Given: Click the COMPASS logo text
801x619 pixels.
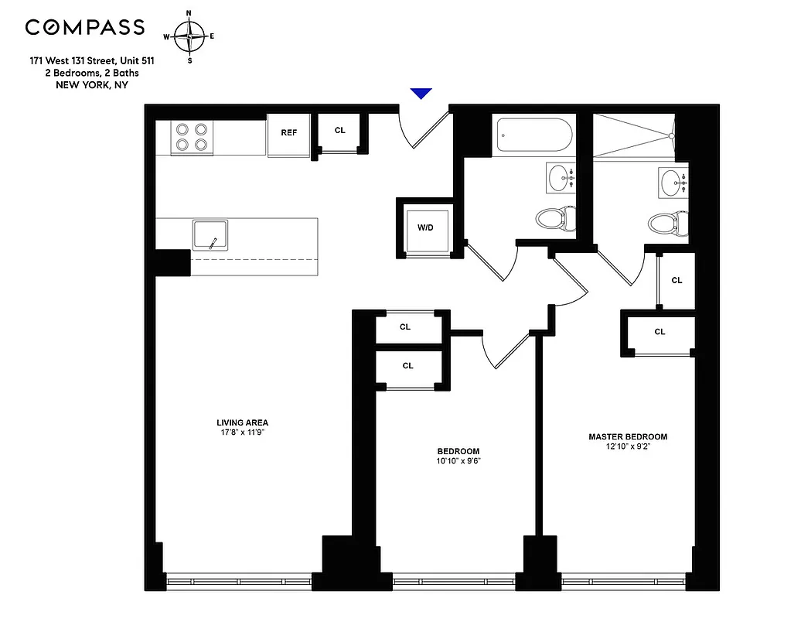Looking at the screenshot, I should (x=85, y=28).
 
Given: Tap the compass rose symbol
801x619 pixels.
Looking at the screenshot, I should (x=189, y=36).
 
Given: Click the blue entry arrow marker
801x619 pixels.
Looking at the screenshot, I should (x=421, y=94).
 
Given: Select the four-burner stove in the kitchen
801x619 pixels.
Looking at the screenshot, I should (x=192, y=137).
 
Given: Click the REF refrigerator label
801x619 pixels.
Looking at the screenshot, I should (x=288, y=133).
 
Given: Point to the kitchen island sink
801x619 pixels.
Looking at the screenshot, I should (x=210, y=235).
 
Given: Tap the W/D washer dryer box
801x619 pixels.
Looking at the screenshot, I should (x=425, y=228).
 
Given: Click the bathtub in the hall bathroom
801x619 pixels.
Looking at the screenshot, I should (x=534, y=137).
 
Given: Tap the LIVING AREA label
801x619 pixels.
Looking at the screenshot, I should (x=242, y=422).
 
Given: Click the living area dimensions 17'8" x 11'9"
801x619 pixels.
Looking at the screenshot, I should (x=242, y=433).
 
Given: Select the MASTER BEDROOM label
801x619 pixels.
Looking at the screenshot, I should (x=628, y=436).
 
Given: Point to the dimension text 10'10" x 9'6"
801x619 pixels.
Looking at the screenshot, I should (x=458, y=462).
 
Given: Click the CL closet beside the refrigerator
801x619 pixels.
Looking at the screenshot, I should (x=340, y=131).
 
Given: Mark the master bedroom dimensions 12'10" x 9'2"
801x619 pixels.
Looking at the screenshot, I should (x=628, y=447).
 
